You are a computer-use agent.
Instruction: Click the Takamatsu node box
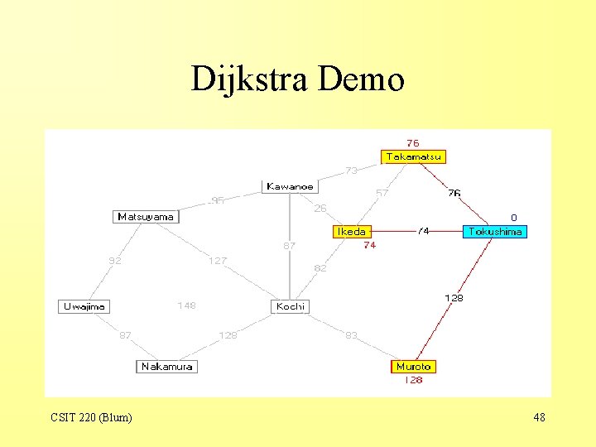(413, 156)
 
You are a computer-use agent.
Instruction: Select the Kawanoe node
(290, 187)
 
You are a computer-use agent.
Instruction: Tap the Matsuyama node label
(146, 217)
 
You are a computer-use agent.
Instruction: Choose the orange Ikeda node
(350, 232)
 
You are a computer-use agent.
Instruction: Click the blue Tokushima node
(494, 232)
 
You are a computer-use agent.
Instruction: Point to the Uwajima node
(84, 306)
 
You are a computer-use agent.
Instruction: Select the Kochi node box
(290, 306)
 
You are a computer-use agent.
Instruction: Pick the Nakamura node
(166, 367)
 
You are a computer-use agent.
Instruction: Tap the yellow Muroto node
(413, 367)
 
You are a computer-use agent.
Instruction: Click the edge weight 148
(186, 305)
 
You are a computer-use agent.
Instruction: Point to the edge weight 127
(217, 261)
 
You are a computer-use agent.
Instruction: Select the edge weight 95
(217, 200)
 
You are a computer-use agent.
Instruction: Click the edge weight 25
(320, 208)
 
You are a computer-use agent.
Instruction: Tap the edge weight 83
(351, 335)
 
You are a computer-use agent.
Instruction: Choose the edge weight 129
(227, 335)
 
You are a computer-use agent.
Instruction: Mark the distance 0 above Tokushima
(513, 218)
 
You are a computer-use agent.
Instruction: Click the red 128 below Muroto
(413, 381)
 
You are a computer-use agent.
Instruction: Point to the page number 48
(539, 417)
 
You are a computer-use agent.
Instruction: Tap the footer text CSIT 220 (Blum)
(91, 417)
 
